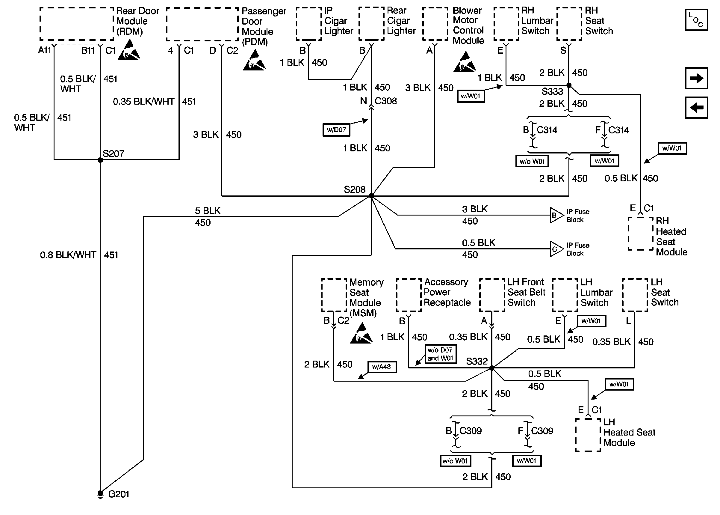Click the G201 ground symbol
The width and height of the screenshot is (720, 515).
(x=100, y=494)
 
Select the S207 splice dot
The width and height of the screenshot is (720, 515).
(x=100, y=160)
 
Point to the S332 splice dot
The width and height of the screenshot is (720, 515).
(x=491, y=368)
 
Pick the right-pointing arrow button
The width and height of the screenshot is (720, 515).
(x=696, y=78)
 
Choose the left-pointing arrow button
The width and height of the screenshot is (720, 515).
(x=696, y=108)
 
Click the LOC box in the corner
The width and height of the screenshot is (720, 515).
(x=696, y=20)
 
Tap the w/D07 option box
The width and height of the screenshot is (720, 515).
(x=336, y=130)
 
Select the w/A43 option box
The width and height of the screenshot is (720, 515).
(x=382, y=367)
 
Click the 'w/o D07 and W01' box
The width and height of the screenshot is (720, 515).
(x=440, y=354)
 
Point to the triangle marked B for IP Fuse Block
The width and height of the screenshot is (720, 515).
(x=556, y=215)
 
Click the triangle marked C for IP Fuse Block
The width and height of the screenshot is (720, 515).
(x=556, y=249)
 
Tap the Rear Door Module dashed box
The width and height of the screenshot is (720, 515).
(x=76, y=24)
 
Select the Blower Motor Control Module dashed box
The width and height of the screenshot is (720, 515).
(x=435, y=24)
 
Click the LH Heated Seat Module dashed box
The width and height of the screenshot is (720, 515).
(x=588, y=435)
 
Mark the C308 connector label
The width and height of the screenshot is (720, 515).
(x=385, y=101)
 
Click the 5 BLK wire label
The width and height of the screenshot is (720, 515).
(x=208, y=211)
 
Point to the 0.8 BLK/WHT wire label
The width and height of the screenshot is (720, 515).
(x=68, y=255)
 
